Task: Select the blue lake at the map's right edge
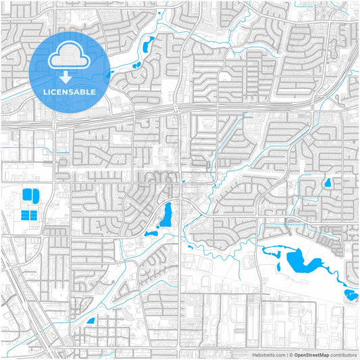tap(351, 294)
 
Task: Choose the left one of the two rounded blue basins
tap(28, 195)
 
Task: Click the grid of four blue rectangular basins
tap(29, 215)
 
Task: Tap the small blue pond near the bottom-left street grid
tap(90, 321)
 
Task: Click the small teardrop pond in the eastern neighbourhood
tap(328, 182)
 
